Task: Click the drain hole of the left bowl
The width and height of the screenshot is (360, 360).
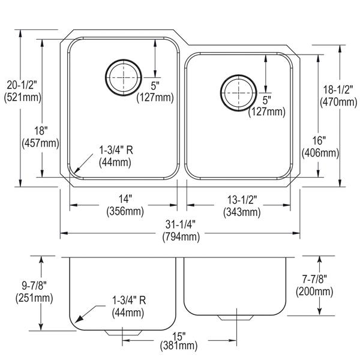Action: [124, 77]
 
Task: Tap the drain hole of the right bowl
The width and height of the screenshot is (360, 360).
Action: [239, 93]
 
